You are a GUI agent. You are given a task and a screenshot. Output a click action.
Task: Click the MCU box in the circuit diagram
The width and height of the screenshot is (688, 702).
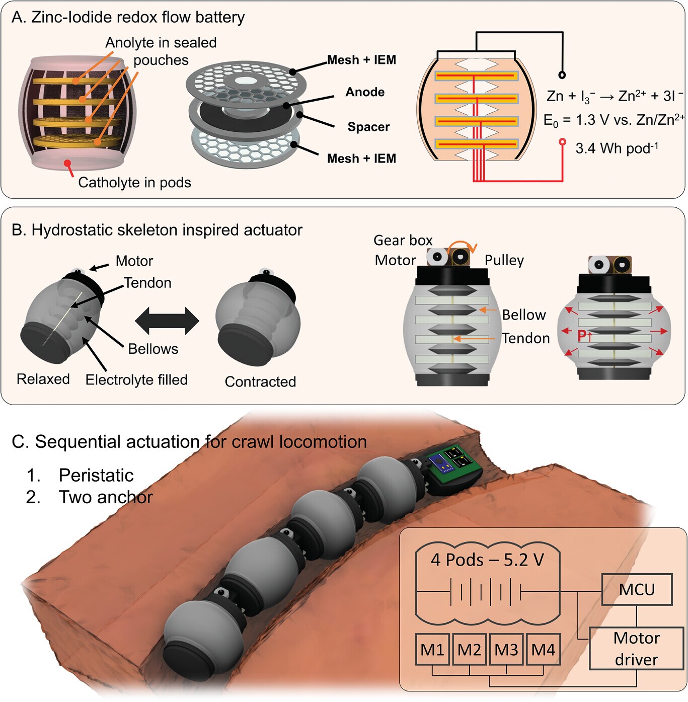[637, 589]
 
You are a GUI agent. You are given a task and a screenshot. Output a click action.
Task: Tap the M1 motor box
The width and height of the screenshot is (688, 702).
[432, 649]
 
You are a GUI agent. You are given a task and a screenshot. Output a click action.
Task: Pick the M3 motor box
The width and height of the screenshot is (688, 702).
[506, 649]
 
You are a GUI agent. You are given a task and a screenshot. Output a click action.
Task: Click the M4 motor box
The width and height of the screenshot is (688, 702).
[543, 649]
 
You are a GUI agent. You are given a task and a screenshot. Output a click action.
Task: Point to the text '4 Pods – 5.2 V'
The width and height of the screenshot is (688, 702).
[487, 560]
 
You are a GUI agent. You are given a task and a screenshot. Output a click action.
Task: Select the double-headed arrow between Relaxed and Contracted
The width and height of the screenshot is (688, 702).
[167, 321]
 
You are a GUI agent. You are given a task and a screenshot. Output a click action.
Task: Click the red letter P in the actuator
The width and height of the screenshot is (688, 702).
[582, 335]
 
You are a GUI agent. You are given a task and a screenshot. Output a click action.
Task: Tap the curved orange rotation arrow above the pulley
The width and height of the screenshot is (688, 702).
[462, 245]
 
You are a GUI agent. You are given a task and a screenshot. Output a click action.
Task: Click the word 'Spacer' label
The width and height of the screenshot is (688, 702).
[368, 127]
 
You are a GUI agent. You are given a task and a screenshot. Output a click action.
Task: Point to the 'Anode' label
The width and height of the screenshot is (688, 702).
[365, 92]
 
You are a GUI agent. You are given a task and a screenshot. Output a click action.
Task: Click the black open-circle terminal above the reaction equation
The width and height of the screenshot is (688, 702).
[562, 75]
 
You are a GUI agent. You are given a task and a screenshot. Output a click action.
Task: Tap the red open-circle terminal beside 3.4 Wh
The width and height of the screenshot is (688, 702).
[562, 142]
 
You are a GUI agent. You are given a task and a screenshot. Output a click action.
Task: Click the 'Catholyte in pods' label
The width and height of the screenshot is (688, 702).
[134, 182]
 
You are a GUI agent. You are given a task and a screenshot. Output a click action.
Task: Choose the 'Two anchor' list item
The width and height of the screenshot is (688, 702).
[106, 497]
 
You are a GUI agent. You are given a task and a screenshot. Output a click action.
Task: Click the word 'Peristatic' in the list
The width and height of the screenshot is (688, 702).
[96, 475]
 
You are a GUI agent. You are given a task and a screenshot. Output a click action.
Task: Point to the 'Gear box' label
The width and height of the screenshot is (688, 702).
[403, 240]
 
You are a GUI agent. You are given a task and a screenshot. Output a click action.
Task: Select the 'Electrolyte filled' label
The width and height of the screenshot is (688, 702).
[136, 379]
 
